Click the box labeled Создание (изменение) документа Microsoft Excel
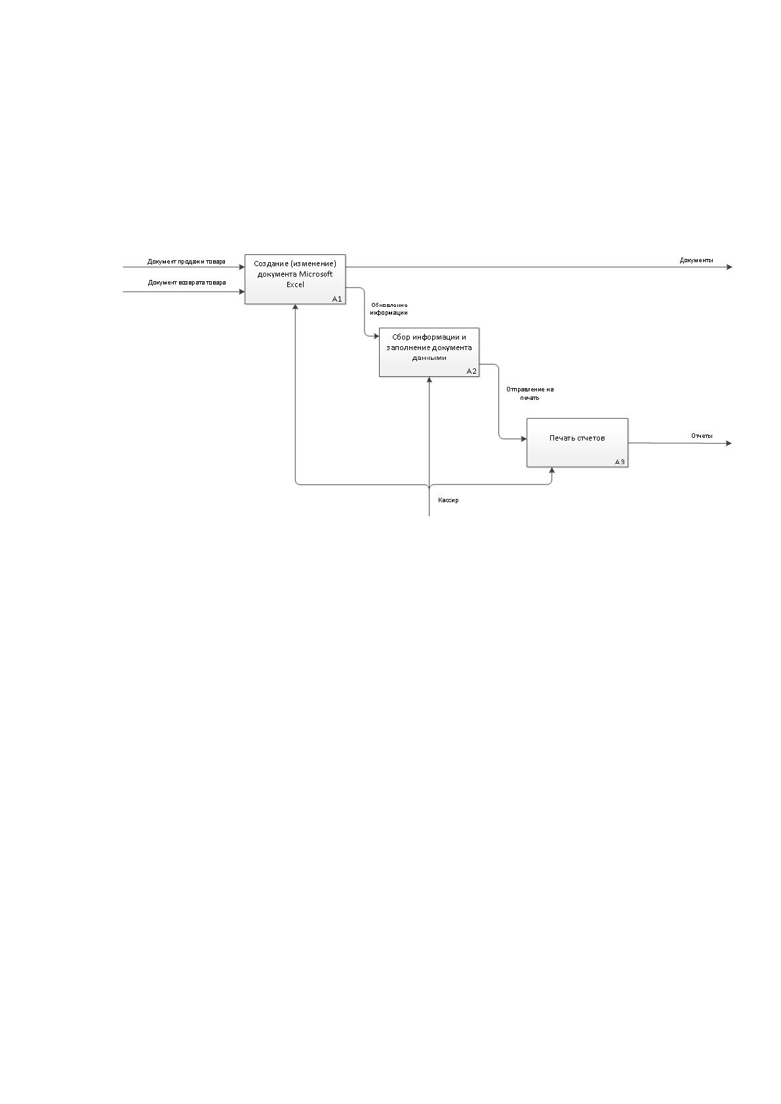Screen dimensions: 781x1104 coord(295,279)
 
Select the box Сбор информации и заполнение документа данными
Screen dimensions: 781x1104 coord(429,352)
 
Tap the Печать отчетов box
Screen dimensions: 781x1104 coord(577,443)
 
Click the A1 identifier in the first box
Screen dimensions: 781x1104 coord(337,299)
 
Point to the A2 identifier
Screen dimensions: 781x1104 coord(471,371)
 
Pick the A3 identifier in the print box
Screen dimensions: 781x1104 coord(620,462)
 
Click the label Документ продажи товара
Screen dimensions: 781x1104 coord(186,262)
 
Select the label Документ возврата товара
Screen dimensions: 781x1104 coord(187,283)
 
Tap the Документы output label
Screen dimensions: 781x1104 coord(696,260)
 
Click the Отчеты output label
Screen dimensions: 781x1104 coord(702,436)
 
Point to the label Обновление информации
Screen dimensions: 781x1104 coord(389,309)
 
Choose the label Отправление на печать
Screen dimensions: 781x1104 coord(530,393)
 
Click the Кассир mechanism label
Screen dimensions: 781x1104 coord(448,500)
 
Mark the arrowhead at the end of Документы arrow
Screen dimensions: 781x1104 coord(730,267)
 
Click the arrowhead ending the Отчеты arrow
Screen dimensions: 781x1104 coord(729,443)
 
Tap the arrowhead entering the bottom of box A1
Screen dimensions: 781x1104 coord(295,307)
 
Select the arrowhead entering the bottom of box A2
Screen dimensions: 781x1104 coord(429,380)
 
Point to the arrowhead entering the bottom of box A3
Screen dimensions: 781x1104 coord(551,470)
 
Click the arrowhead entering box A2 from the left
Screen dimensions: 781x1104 coord(376,336)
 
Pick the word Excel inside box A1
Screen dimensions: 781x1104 coord(295,285)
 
